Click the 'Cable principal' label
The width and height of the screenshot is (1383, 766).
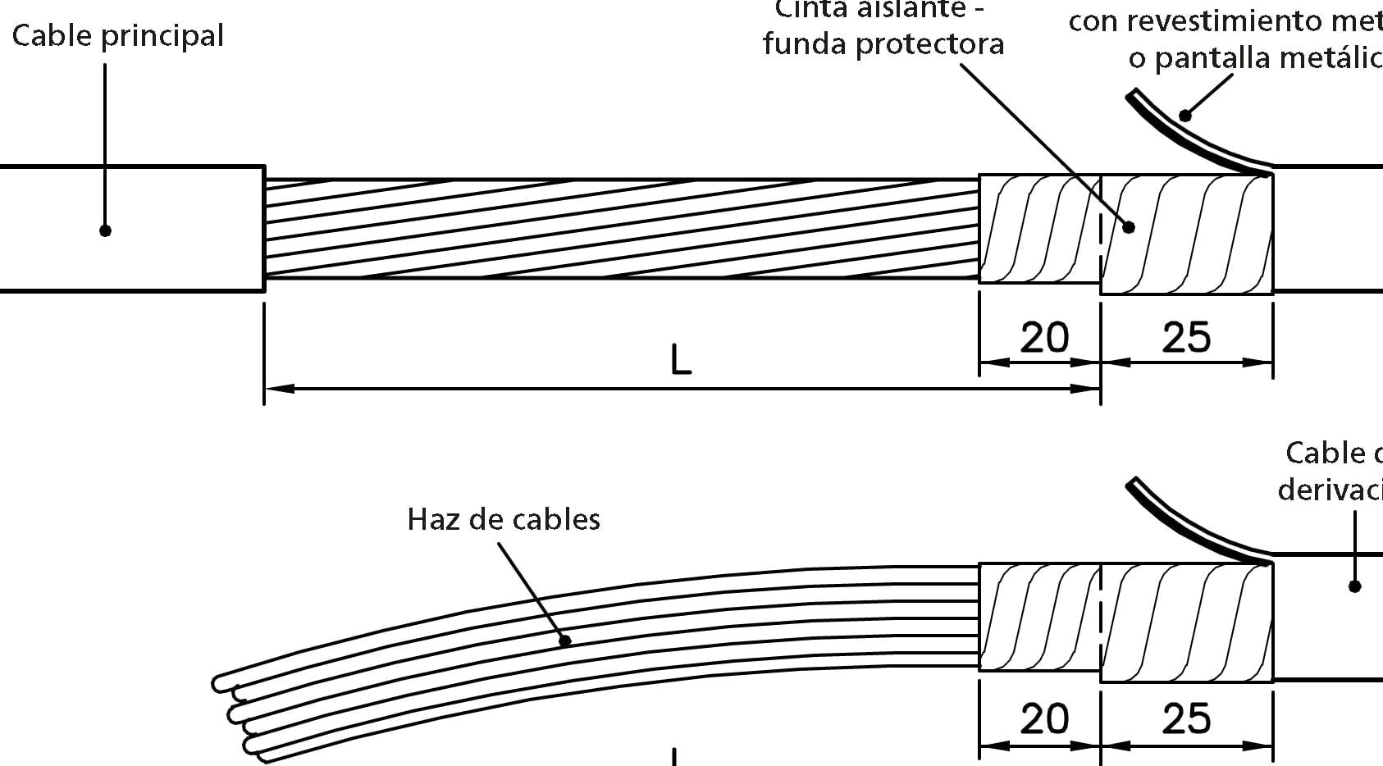pos(117,36)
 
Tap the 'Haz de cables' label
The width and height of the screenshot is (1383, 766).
pos(503,519)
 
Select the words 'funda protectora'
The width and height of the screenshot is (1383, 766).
pos(883,43)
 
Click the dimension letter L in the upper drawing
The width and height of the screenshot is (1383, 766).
pos(681,359)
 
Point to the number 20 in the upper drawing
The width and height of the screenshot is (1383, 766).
pos(1043,337)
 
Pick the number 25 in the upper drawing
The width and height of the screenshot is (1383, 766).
pos(1186,337)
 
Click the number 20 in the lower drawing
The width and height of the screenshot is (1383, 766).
pos(1043,718)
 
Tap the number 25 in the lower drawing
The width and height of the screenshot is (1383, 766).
pos(1186,718)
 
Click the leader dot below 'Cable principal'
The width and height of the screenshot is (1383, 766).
pos(105,230)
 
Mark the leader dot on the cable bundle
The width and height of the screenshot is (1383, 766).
pos(564,641)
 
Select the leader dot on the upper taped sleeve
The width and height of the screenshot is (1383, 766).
pos(1129,227)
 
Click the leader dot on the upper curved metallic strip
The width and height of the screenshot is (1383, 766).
pos(1184,116)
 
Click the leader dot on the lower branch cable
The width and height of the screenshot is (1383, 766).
pos(1354,586)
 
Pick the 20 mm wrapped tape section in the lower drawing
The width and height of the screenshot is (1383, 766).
pos(1039,617)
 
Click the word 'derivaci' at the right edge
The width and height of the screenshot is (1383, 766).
pos(1329,489)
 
